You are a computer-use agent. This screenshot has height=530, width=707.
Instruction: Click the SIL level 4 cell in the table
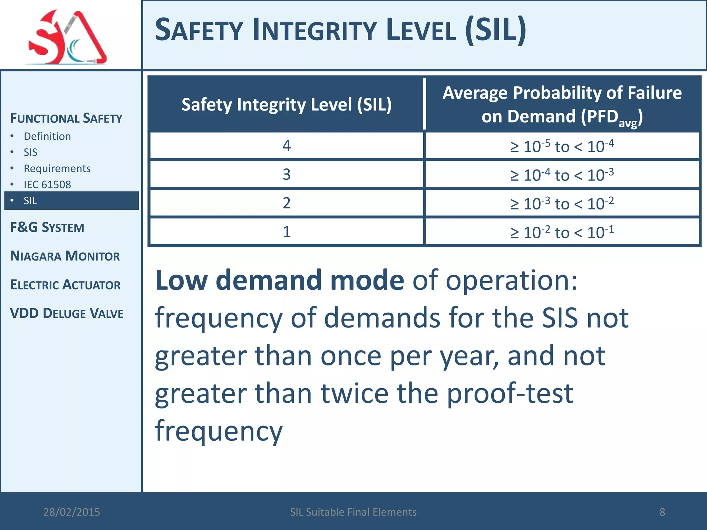[x=287, y=146]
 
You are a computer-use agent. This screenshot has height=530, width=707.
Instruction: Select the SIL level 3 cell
[x=287, y=174]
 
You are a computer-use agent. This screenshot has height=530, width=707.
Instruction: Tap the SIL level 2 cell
[x=287, y=203]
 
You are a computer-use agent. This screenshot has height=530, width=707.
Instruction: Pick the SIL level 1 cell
[x=287, y=232]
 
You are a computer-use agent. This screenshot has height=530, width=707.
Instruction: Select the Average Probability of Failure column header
[x=562, y=105]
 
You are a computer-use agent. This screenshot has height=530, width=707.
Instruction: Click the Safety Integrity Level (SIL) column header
[x=287, y=105]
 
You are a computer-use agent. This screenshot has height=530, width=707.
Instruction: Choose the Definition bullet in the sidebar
[x=47, y=136]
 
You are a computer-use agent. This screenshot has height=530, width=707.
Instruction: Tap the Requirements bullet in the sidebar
[x=57, y=168]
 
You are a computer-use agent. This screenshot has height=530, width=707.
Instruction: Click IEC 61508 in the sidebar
[x=47, y=185]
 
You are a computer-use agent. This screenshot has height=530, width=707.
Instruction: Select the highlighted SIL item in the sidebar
[x=30, y=200]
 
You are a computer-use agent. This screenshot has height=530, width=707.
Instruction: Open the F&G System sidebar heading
[x=47, y=227]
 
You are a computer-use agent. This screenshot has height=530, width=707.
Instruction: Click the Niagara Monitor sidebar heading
[x=65, y=256]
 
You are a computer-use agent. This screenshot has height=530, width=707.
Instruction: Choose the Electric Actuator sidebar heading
[x=65, y=285]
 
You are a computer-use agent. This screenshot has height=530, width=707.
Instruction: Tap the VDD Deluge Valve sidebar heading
[x=67, y=313]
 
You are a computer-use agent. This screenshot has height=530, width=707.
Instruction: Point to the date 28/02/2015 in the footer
[x=71, y=512]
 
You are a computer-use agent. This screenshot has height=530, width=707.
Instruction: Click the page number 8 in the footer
[x=662, y=512]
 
